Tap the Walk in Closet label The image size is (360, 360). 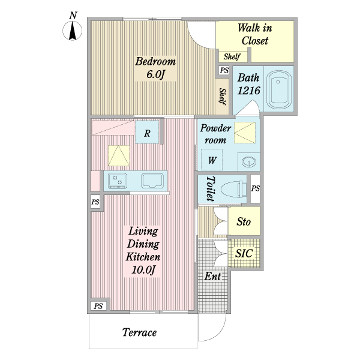255,34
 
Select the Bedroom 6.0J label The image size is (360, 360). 155,68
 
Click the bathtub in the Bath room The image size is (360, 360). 278,89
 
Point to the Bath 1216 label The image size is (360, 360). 248,85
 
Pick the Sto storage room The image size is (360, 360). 244,222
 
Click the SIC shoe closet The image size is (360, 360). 244,253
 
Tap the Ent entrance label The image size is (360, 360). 212,277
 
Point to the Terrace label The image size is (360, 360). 140,332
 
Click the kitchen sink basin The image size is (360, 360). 153,181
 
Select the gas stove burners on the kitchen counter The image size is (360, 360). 118,180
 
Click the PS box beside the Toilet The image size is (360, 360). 256,189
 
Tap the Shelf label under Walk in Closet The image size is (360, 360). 232,57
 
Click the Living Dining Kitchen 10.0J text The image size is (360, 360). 142,251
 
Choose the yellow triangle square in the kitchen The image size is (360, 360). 119,155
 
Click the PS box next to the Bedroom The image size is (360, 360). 224,71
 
